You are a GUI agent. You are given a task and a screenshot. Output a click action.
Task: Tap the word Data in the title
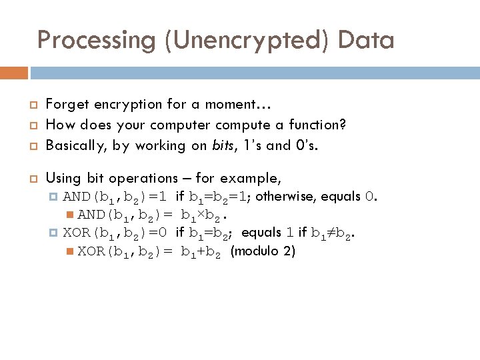point(366,40)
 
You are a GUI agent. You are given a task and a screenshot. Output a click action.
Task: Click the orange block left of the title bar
point(14,72)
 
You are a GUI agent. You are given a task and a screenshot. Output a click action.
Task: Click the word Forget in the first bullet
point(66,105)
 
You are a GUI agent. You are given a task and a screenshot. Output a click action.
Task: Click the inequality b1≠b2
point(336,233)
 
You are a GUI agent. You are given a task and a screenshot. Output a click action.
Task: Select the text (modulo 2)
point(263,251)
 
